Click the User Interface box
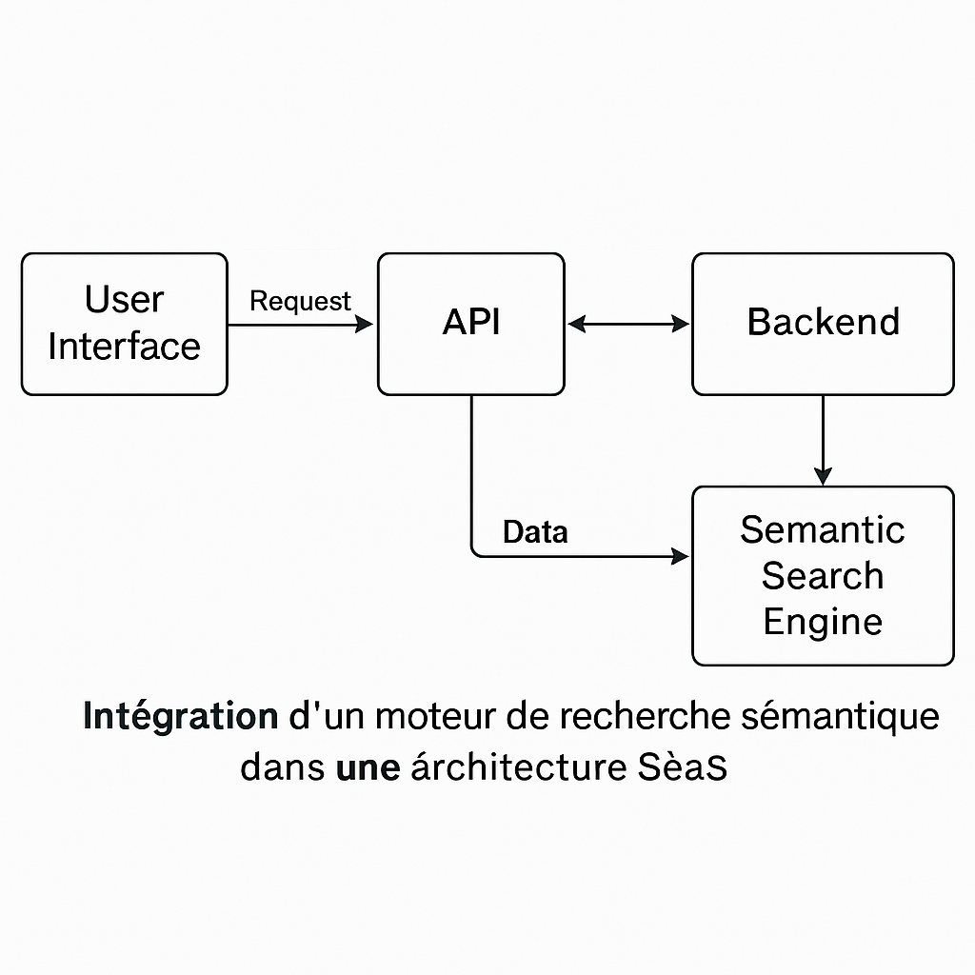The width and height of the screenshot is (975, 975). [124, 324]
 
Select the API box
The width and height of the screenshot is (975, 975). [470, 324]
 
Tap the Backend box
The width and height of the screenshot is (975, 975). [823, 324]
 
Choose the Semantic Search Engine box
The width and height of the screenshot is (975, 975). [823, 576]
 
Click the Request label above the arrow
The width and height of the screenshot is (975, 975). [300, 302]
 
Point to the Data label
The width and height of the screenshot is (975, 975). [535, 532]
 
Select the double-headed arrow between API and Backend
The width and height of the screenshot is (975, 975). [628, 325]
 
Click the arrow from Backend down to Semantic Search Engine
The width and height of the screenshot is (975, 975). [824, 438]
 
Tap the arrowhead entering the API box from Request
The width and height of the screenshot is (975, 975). [364, 325]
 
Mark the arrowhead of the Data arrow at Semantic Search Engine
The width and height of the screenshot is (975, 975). [680, 556]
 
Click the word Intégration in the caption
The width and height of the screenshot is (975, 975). [180, 717]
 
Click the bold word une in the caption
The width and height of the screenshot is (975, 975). [368, 767]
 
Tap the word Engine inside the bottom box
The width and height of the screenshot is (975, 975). [823, 623]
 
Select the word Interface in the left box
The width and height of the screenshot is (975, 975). [124, 347]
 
